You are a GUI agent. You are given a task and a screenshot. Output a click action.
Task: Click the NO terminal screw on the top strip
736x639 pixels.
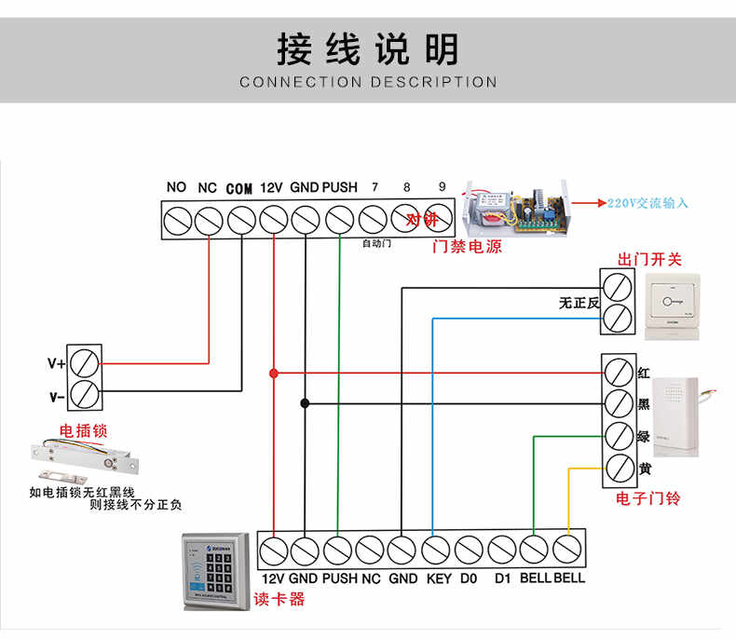pos(177,221)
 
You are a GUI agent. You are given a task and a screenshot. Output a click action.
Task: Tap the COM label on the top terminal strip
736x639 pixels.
pos(239,188)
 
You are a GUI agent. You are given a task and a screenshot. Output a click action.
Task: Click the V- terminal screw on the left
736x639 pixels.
pos(85,394)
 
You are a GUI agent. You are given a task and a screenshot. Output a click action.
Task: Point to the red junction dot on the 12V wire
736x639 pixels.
pos(273,373)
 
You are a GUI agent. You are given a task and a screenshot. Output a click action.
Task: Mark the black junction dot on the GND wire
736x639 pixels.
pos(304,403)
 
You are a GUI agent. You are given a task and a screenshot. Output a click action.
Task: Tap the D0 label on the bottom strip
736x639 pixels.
pos(468,578)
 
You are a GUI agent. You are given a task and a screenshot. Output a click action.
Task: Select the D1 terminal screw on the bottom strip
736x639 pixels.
pos(501,550)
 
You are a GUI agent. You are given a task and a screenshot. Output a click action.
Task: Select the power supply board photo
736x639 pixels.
pos(516,209)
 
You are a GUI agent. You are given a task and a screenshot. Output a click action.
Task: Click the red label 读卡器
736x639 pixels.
pos(279,599)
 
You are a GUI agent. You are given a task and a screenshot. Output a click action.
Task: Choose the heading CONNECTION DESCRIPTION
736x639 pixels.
pos(368,82)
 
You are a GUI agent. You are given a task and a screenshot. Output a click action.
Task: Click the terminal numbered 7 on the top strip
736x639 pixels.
pos(373,221)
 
